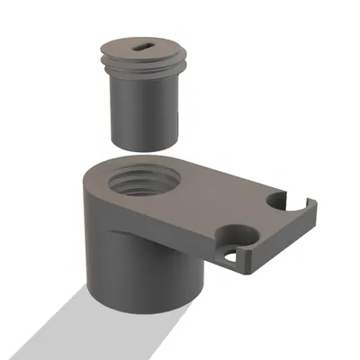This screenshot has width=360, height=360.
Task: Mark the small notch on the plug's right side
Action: [180, 117]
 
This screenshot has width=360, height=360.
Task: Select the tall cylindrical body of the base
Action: [135, 270]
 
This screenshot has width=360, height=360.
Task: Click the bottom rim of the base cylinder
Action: [144, 310]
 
